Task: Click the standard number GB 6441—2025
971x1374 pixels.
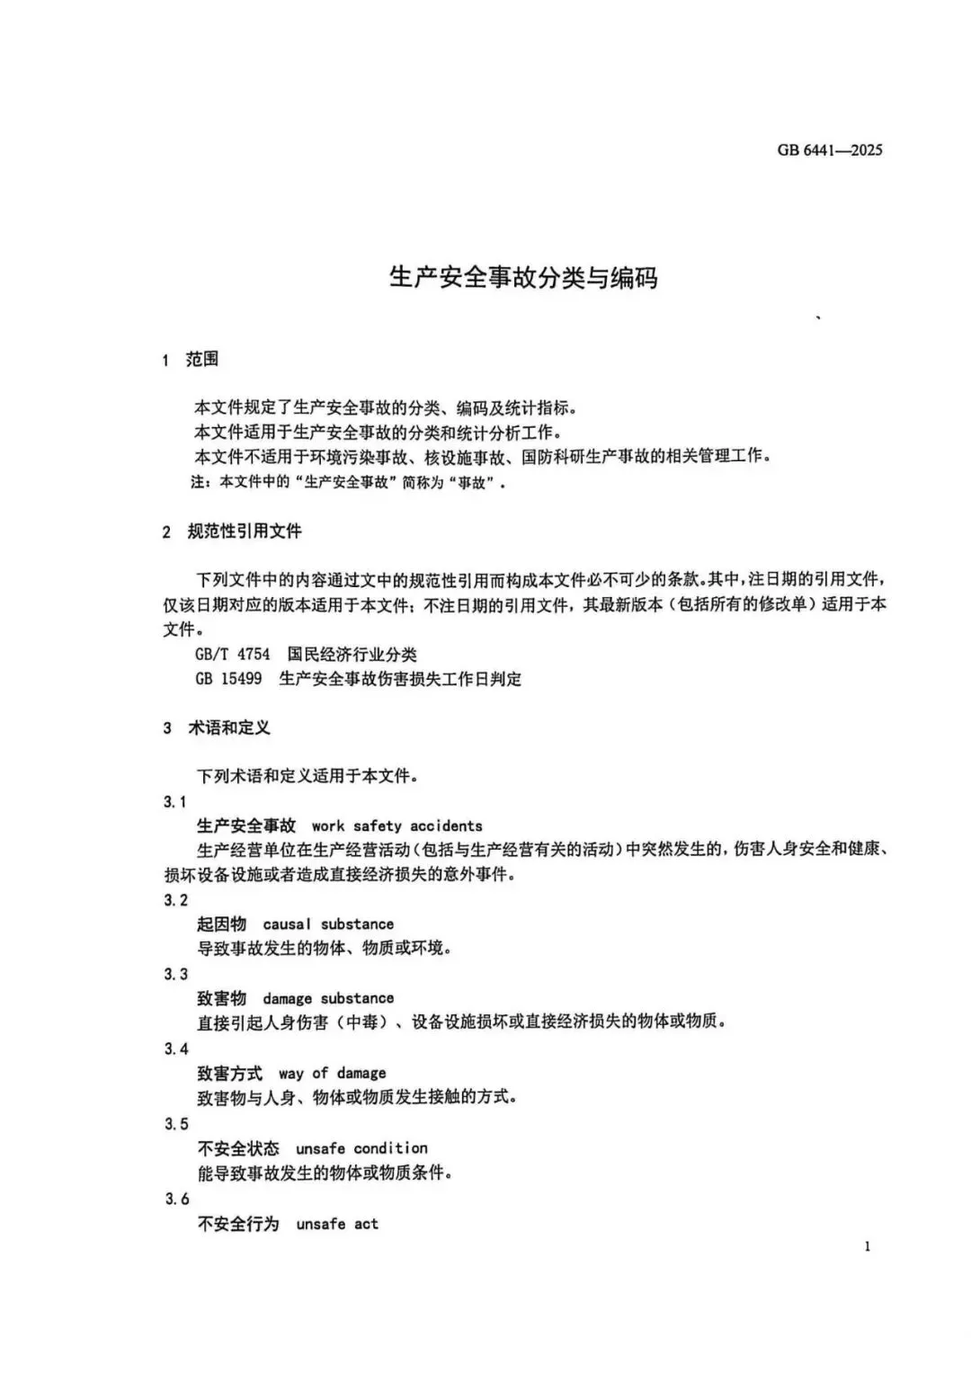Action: pos(829,150)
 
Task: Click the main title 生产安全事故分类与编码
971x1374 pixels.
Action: pos(522,277)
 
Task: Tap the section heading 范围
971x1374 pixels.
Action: pos(202,360)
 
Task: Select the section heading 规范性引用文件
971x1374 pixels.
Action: pos(245,531)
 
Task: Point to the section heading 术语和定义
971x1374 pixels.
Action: pos(228,727)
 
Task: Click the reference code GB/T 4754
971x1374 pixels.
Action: pos(232,654)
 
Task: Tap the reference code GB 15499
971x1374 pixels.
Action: pos(228,678)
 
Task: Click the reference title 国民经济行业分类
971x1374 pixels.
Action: pos(352,654)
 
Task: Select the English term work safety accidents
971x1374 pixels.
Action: pos(396,825)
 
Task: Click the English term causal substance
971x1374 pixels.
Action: pos(328,923)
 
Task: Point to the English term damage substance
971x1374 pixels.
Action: pos(328,998)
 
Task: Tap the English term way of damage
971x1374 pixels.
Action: pos(332,1073)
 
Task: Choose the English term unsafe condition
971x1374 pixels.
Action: pos(361,1148)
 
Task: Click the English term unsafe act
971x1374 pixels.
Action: pos(337,1224)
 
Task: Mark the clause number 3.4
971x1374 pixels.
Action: pos(176,1048)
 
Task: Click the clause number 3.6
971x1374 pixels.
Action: pos(177,1199)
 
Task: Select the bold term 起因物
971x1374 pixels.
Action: pos(221,923)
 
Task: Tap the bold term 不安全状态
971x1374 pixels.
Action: pos(238,1148)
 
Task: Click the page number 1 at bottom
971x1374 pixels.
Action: pos(867,1246)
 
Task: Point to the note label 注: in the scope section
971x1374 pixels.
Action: pos(200,482)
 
